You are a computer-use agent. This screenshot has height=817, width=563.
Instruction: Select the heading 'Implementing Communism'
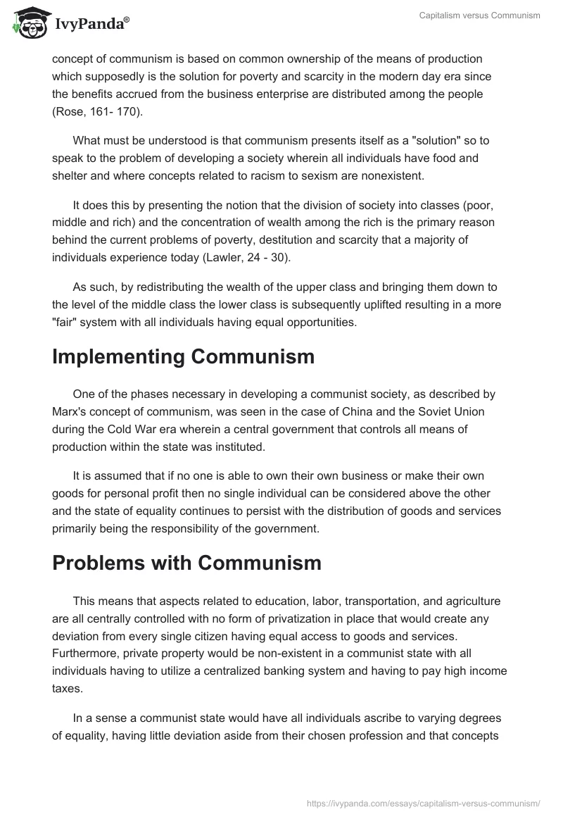tap(183, 356)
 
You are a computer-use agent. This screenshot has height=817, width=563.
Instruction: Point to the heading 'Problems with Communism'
tap(186, 563)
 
